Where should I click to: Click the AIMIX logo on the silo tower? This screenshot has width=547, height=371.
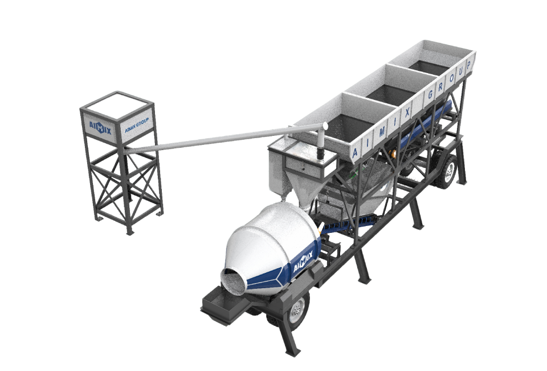[100, 128]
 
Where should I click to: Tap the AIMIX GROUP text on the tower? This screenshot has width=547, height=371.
[137, 125]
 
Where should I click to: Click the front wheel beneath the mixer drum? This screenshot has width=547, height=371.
[297, 310]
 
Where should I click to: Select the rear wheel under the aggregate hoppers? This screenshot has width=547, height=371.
[448, 171]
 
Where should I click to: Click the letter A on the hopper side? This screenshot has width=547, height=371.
[355, 152]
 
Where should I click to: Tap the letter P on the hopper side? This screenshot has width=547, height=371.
[468, 66]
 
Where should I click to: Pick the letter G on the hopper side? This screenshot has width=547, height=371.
[431, 94]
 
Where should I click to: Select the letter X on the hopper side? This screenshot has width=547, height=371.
[406, 112]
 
